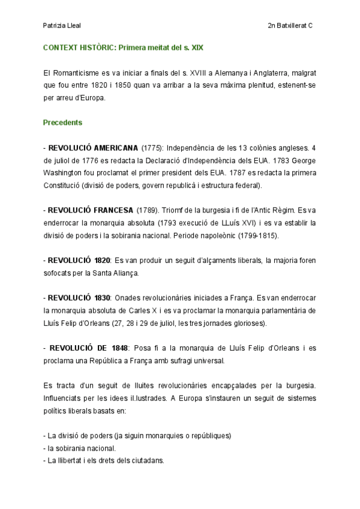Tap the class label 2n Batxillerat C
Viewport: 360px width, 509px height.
click(291, 26)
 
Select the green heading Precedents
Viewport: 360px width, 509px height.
click(62, 122)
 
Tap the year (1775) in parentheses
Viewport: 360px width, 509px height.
click(152, 147)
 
